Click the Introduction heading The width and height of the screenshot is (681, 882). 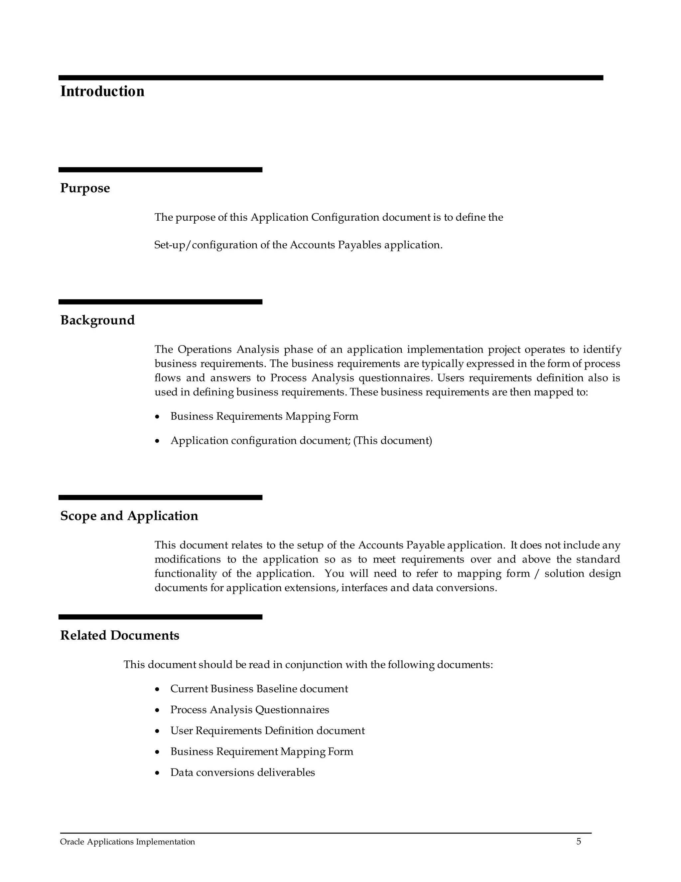click(102, 92)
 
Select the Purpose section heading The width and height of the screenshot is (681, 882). click(85, 188)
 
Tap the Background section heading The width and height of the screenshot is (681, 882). click(97, 320)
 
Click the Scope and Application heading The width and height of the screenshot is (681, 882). click(129, 516)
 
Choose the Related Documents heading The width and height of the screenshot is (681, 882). click(119, 636)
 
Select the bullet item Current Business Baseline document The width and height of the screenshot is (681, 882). click(259, 689)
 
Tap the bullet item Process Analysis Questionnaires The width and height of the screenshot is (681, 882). click(249, 710)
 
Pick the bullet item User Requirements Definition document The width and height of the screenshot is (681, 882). click(267, 731)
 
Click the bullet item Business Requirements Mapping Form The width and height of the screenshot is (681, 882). click(264, 416)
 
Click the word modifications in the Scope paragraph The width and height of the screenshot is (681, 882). click(188, 560)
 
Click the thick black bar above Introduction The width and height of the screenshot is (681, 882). click(331, 78)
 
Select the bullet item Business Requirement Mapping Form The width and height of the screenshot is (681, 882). click(261, 752)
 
